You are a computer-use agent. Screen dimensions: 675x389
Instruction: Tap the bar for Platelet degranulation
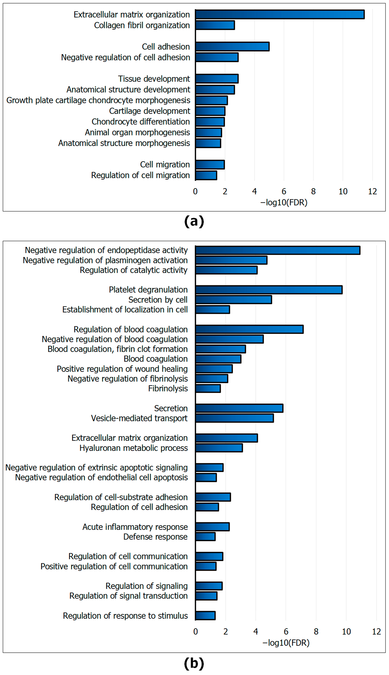coord(269,290)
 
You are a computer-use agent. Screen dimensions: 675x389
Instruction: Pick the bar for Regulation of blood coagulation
coord(249,329)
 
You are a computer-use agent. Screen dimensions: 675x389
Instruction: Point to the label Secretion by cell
coord(158,300)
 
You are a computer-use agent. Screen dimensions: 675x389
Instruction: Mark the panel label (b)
coord(194,663)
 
